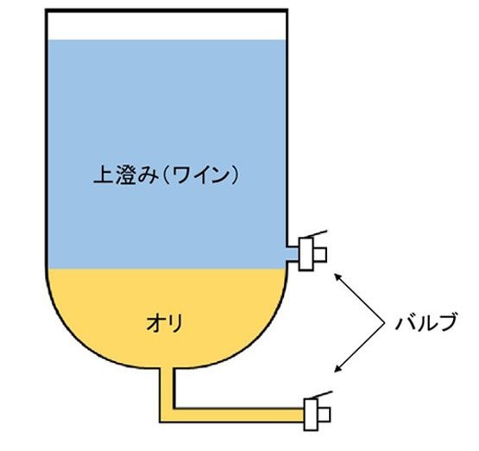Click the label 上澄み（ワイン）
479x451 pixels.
(166, 175)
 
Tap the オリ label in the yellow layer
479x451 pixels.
(165, 323)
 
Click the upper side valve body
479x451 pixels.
(306, 254)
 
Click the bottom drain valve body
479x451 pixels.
(311, 415)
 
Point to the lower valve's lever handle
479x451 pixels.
(320, 395)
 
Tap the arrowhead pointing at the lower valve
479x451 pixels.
(338, 369)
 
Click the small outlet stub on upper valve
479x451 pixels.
(320, 254)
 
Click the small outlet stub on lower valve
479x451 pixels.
(325, 415)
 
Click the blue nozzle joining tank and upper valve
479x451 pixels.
(293, 253)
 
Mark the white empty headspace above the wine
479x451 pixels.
(167, 26)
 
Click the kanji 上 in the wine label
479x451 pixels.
(104, 175)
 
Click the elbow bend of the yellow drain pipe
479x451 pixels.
(167, 416)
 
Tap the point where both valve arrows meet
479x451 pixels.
(384, 323)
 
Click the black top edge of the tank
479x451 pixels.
(167, 10)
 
